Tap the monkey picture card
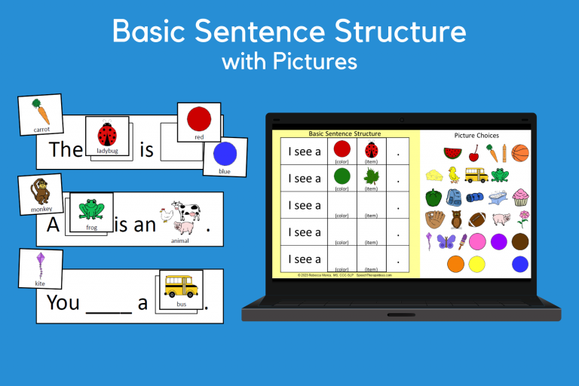click(41, 195)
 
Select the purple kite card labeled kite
click(41, 269)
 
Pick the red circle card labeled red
click(198, 121)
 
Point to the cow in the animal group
click(185, 211)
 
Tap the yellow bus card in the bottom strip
click(180, 289)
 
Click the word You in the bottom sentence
click(63, 302)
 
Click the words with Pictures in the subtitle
click(289, 60)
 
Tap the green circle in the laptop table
click(342, 176)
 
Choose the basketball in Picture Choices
click(519, 154)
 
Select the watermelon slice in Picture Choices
click(452, 153)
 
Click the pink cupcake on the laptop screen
click(520, 198)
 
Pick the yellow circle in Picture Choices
click(476, 264)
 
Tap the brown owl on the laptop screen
click(456, 219)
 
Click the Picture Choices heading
click(476, 136)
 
